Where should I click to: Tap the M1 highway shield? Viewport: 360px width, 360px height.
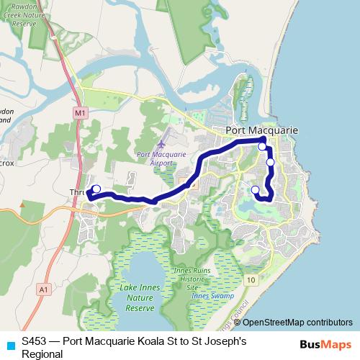[x=79, y=114]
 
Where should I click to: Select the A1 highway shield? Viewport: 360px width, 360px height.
[x=43, y=289]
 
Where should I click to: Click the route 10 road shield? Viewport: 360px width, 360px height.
[x=251, y=279]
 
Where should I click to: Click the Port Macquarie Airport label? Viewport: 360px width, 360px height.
[x=161, y=158]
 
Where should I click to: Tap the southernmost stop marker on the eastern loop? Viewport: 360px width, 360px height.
[x=255, y=190]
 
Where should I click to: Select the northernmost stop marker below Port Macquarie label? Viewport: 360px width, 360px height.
[x=263, y=147]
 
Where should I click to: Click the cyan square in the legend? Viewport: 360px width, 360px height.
[x=9, y=343]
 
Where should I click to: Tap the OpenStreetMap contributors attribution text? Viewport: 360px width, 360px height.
[x=297, y=323]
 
